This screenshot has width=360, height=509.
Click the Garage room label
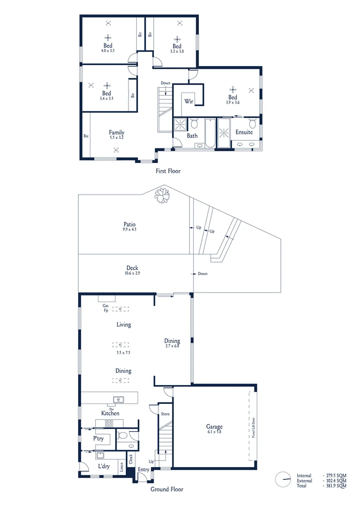[214, 427]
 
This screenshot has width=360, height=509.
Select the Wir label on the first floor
[189, 101]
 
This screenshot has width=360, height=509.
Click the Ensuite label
[244, 132]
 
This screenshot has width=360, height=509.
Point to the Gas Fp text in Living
[106, 308]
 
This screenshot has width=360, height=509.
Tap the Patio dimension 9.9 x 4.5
[130, 230]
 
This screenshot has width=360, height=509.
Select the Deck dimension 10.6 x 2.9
[132, 273]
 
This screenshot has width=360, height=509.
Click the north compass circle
[283, 480]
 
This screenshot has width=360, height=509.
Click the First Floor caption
[168, 171]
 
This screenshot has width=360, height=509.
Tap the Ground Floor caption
[167, 489]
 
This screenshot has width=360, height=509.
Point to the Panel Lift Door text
[254, 428]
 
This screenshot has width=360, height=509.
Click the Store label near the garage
[165, 414]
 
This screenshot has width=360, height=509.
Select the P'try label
[98, 438]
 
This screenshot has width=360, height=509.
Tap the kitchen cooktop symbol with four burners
[108, 423]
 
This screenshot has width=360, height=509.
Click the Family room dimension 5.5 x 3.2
[116, 138]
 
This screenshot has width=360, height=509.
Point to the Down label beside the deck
[203, 274]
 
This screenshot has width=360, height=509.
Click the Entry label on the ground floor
[143, 470]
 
